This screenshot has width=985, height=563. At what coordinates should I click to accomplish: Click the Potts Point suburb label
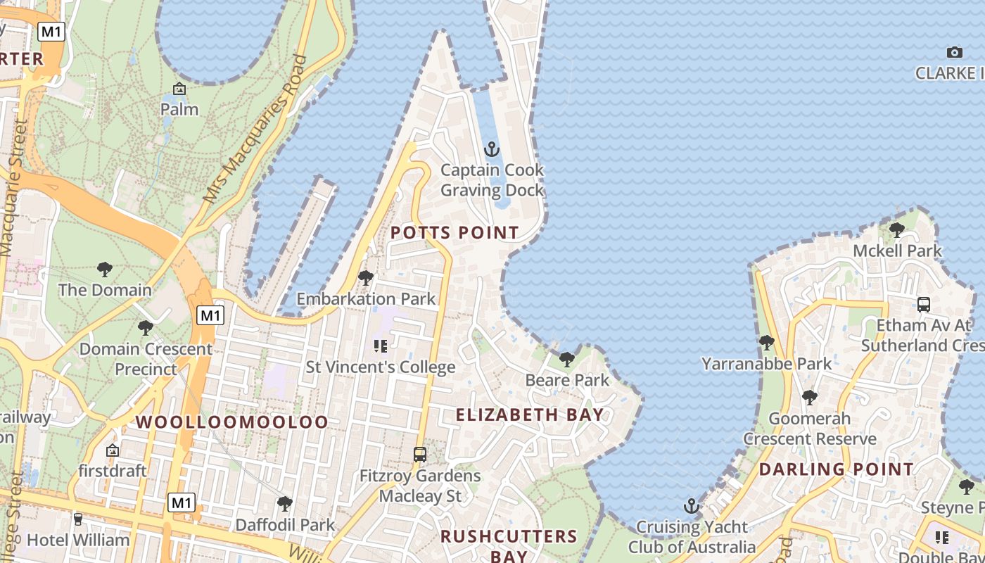455,232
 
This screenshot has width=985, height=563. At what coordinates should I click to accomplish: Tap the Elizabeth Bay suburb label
530,415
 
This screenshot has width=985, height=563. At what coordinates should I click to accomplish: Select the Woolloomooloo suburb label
231,422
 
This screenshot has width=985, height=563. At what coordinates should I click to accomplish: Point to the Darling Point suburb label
837,469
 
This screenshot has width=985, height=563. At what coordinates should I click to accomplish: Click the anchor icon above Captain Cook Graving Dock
492,149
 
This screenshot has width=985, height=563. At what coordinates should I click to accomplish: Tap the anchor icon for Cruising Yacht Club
692,506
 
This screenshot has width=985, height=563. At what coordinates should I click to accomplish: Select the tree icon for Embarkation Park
365,278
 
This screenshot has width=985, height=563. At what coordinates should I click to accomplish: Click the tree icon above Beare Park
566,360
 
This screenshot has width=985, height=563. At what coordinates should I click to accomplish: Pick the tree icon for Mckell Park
896,229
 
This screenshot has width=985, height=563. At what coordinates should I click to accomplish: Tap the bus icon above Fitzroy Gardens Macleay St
420,455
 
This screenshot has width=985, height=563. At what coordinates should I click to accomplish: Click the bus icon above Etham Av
924,305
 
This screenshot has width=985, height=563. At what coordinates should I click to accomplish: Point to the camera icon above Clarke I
955,52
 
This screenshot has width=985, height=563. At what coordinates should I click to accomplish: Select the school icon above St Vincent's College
381,346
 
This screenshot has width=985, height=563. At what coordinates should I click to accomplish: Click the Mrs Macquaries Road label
255,129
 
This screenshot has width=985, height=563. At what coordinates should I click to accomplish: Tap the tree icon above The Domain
105,269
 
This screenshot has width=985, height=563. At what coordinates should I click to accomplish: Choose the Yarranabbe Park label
766,364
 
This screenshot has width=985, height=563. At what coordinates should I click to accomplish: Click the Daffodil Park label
285,525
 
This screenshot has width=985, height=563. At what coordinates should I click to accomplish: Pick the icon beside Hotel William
78,519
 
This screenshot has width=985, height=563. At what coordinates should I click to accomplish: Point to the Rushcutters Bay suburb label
509,545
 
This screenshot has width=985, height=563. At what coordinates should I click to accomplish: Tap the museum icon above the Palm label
179,89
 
